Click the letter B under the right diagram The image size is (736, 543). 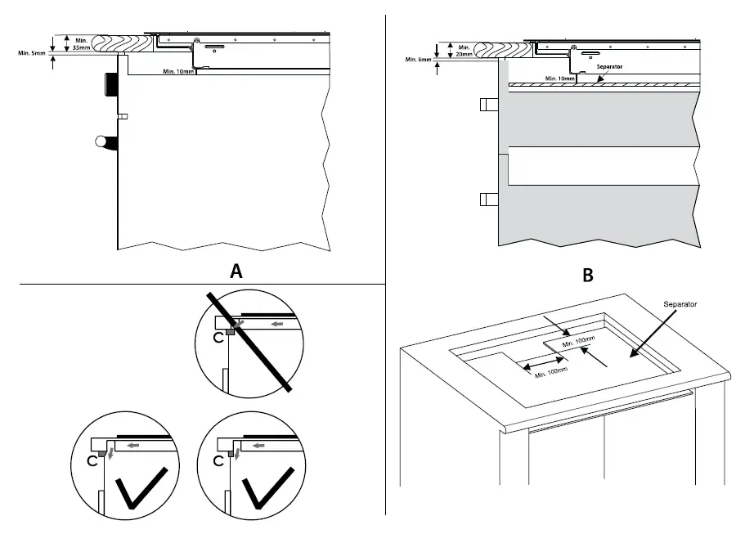tap(587, 276)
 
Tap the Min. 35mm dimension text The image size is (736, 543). tap(83, 44)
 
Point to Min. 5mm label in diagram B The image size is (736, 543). tap(420, 60)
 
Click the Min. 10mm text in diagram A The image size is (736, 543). tap(179, 72)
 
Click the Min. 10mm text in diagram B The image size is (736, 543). tap(559, 79)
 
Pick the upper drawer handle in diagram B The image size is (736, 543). tap(487, 104)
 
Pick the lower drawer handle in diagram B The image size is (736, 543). tap(487, 198)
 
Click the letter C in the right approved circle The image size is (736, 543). tap(218, 461)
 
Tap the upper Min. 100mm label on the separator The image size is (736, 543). tap(578, 343)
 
